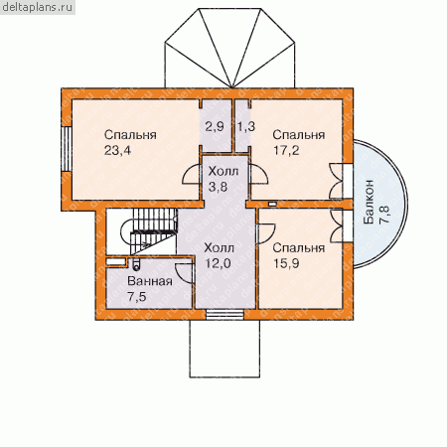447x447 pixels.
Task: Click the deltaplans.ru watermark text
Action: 37,7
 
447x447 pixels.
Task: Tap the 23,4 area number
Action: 117,151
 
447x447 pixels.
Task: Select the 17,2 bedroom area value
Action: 286,151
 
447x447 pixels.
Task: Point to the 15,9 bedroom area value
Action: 286,263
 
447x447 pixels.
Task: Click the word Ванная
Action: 150,281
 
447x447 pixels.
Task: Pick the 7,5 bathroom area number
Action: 137,297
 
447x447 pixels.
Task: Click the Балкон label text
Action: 369,203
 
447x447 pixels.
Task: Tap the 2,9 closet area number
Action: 215,126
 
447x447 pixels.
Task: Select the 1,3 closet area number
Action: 246,126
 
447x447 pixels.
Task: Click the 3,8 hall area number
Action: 218,187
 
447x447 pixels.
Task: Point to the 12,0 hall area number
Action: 218,263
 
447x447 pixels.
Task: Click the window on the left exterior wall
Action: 67,149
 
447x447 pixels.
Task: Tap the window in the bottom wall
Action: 225,315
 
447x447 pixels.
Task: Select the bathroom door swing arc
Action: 184,273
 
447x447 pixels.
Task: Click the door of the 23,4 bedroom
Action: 192,175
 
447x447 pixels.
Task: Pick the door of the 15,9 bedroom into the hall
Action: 265,233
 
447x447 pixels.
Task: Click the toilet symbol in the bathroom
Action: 136,264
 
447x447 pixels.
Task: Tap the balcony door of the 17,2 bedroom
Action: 336,181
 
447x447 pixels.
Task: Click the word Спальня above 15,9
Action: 299,248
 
